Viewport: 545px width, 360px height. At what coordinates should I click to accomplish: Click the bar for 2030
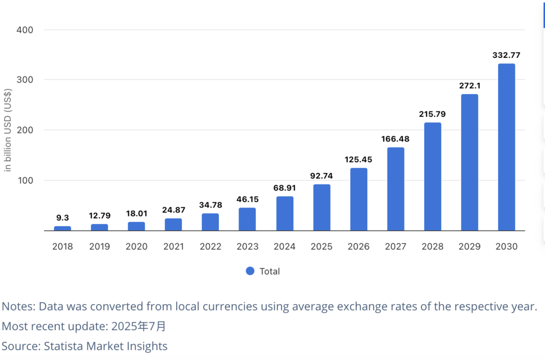tap(506, 147)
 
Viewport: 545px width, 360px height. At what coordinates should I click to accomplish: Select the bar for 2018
tap(62, 228)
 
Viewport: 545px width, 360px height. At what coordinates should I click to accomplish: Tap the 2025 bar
tap(321, 207)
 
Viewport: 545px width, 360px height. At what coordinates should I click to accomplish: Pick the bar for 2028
tap(433, 177)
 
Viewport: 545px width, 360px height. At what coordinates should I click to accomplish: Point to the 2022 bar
tap(210, 222)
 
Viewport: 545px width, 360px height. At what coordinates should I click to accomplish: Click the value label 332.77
tap(506, 55)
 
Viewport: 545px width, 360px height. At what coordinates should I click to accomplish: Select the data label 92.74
tap(321, 175)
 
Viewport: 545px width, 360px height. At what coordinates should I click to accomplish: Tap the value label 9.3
tap(62, 217)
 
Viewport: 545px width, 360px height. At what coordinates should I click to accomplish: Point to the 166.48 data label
tap(395, 139)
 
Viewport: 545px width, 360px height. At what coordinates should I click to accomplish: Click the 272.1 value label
tap(469, 86)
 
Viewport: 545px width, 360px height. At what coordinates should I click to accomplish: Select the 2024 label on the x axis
tap(284, 247)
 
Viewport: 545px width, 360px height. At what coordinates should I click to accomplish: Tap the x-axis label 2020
tap(136, 247)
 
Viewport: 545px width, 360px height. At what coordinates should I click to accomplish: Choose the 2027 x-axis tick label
tap(395, 247)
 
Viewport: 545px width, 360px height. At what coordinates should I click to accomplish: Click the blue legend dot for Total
tap(250, 271)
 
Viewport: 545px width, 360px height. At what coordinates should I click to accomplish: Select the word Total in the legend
tap(269, 271)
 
